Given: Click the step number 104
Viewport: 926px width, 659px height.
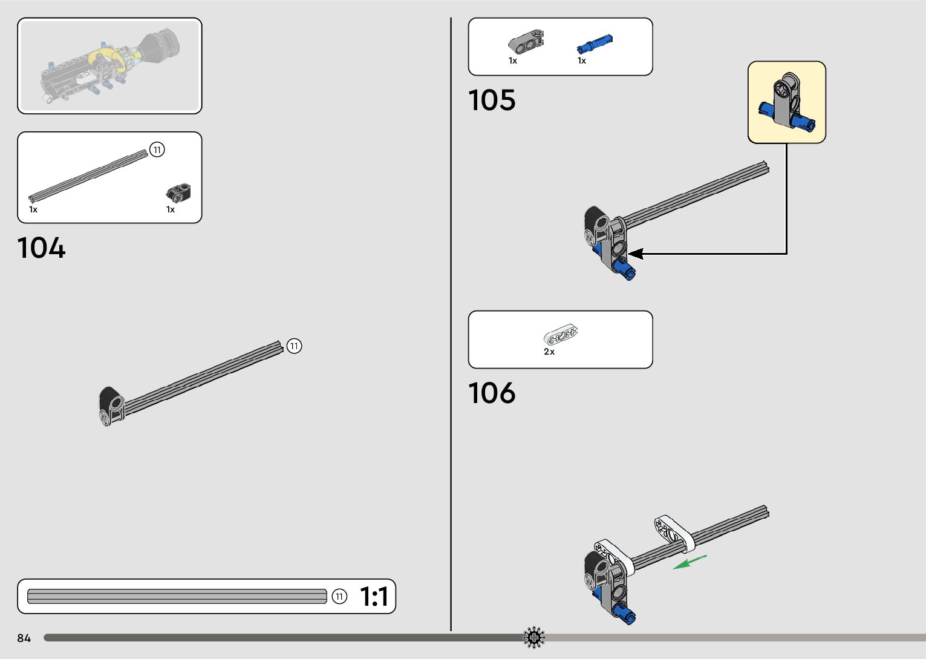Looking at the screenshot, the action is pyautogui.click(x=41, y=248).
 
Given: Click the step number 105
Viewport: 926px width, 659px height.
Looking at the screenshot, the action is pyautogui.click(x=492, y=100).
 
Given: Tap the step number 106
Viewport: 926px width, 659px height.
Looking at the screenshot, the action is pyautogui.click(x=492, y=393).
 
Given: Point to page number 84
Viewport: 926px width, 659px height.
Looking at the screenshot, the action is pyautogui.click(x=24, y=638).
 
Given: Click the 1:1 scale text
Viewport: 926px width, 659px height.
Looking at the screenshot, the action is pyautogui.click(x=374, y=597).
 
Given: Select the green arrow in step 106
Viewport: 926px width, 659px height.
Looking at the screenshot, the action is pyautogui.click(x=690, y=562).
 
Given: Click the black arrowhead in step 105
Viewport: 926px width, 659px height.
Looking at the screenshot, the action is pyautogui.click(x=636, y=254).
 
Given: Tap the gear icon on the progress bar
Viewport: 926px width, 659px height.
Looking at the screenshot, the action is pyautogui.click(x=533, y=638).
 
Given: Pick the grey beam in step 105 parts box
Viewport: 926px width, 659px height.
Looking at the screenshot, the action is pyautogui.click(x=525, y=41).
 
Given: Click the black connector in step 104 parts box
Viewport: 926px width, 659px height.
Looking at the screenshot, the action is pyautogui.click(x=178, y=193).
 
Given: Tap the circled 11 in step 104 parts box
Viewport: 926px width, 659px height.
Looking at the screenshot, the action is pyautogui.click(x=157, y=149).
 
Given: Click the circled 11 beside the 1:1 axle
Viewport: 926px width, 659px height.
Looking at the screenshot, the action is pyautogui.click(x=339, y=597).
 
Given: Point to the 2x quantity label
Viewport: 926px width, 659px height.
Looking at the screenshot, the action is pyautogui.click(x=549, y=352).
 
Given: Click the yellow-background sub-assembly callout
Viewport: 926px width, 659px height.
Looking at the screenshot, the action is pyautogui.click(x=786, y=102).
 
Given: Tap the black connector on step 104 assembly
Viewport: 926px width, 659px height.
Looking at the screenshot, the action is pyautogui.click(x=111, y=406).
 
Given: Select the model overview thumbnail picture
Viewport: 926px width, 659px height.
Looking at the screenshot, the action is pyautogui.click(x=109, y=66).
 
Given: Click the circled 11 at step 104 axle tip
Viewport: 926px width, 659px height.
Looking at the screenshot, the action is pyautogui.click(x=294, y=346).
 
